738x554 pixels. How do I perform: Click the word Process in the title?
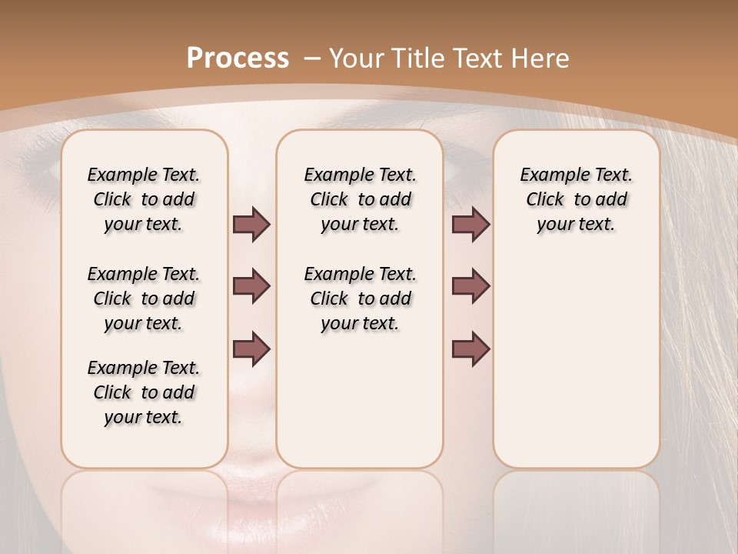point(238,58)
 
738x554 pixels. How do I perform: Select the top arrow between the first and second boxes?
point(251,225)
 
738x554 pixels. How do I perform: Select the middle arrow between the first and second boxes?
point(251,286)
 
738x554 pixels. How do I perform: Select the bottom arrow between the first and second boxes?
point(251,349)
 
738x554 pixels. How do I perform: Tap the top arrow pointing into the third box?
point(470,225)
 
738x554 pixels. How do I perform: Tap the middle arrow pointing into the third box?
point(470,286)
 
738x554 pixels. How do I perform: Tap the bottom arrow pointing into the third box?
point(470,349)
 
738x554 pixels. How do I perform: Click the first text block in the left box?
point(144,199)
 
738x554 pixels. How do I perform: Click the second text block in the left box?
point(144,299)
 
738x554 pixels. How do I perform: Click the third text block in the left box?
point(144,392)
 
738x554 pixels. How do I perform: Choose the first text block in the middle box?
point(360,199)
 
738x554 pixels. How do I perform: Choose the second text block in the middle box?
point(360,299)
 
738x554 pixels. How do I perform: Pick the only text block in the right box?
point(576,199)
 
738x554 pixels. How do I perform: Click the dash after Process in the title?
point(311,58)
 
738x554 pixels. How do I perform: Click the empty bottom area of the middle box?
point(360,408)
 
